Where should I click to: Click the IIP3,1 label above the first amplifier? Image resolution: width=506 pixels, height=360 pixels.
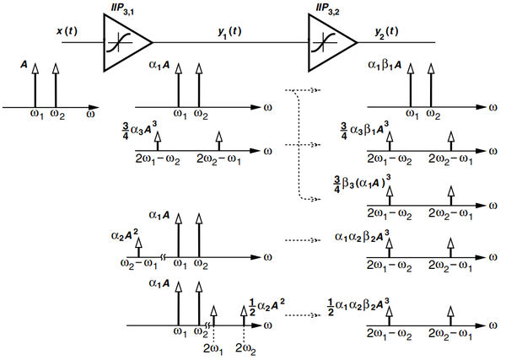(122, 8)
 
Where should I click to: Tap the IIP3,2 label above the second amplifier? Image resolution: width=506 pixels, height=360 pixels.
(327, 8)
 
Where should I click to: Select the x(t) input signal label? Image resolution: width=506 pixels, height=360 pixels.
(67, 31)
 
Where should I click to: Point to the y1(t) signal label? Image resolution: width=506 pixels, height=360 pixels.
(229, 32)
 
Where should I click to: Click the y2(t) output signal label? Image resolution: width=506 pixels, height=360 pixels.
(386, 32)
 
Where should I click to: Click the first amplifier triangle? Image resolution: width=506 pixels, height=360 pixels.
(127, 42)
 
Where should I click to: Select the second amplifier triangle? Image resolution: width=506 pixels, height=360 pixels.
(332, 42)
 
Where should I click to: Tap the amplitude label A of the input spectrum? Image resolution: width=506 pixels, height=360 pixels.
(24, 65)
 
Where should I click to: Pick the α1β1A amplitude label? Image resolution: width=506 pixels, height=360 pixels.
(385, 65)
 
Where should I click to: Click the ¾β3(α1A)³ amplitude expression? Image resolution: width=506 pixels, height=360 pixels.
(359, 184)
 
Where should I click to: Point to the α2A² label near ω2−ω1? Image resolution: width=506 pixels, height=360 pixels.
(125, 235)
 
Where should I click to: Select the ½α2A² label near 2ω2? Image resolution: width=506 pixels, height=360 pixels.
(266, 306)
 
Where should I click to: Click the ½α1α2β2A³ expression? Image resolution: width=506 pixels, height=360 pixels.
(358, 306)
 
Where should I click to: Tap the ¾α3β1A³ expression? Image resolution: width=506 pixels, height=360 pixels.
(364, 131)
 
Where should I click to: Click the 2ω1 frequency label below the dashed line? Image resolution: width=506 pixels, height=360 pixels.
(213, 349)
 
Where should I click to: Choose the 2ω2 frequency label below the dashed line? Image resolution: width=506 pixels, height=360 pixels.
(246, 349)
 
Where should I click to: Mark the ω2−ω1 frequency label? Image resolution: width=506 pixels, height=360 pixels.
(139, 265)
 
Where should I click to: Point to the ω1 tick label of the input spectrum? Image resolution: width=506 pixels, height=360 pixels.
(37, 115)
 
